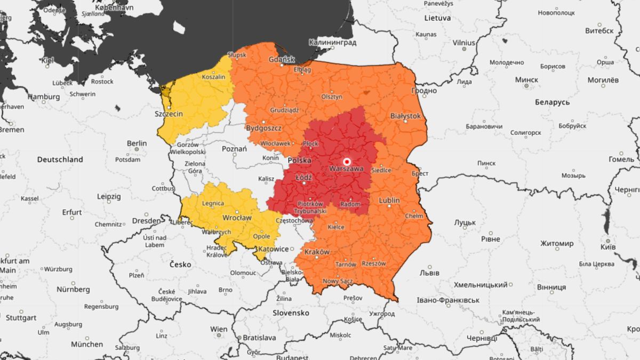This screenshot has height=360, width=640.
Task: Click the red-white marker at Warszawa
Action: pyautogui.click(x=347, y=161)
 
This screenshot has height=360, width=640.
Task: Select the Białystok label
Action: pyautogui.click(x=405, y=116)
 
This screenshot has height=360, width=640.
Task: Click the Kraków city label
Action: pyautogui.click(x=317, y=252)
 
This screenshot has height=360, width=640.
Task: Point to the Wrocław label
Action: pyautogui.click(x=237, y=218)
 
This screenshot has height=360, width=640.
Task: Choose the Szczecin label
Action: pyautogui.click(x=168, y=114)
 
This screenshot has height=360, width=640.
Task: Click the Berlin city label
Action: pyautogui.click(x=137, y=143)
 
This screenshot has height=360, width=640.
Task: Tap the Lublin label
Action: pyautogui.click(x=389, y=201)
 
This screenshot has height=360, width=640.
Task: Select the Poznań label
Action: pyautogui.click(x=234, y=149)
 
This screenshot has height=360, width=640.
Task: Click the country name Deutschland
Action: pyautogui.click(x=60, y=159)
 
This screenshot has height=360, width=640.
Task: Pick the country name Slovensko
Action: pyautogui.click(x=291, y=313)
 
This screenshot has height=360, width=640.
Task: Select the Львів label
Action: pyautogui.click(x=429, y=273)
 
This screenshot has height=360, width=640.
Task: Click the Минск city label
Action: pyautogui.click(x=526, y=79)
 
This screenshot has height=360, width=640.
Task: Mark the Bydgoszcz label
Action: pyautogui.click(x=263, y=128)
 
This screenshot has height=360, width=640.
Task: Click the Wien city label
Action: pyautogui.click(x=218, y=329)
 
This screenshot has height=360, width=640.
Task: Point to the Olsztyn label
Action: pyautogui.click(x=331, y=97)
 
